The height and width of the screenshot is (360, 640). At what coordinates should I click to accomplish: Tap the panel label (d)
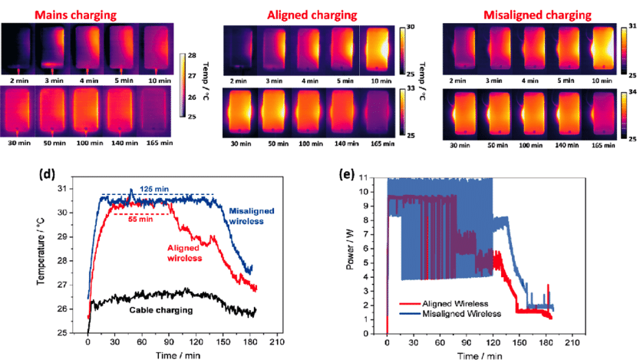[48, 174]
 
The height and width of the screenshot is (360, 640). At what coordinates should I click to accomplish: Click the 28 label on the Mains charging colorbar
[194, 55]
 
